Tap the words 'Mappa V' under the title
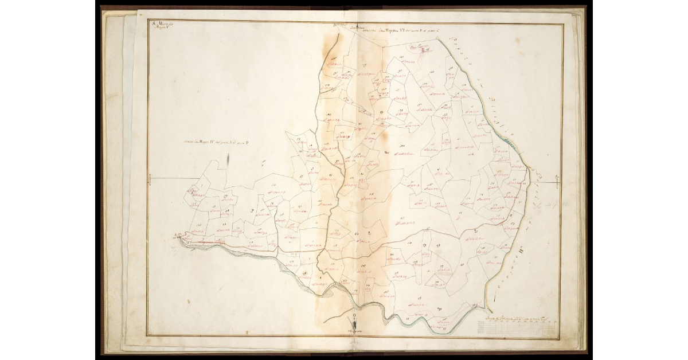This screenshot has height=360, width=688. pyautogui.click(x=159, y=28)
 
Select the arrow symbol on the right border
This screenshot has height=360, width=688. pyautogui.click(x=556, y=183)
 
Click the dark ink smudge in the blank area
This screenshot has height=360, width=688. pyautogui.click(x=228, y=162)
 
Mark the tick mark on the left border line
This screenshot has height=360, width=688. pyautogui.click(x=149, y=180)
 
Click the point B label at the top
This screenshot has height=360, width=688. pyautogui.click(x=339, y=25)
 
